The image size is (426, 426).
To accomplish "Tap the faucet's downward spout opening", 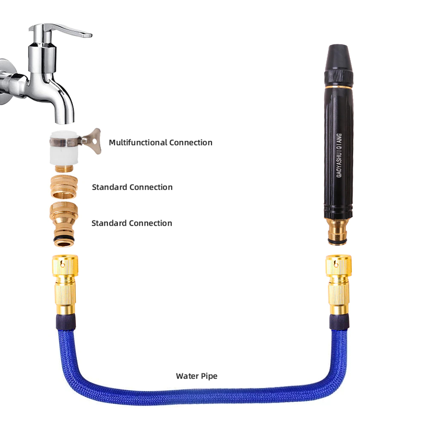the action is click(x=64, y=122).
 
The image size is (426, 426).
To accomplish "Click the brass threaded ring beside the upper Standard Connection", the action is click(x=64, y=187).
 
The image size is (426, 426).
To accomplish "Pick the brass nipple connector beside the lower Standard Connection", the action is click(x=64, y=225).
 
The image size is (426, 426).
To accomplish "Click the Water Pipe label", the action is click(x=197, y=376).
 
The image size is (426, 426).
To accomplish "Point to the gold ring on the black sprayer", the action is click(x=339, y=86).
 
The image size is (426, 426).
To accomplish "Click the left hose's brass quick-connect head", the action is click(x=65, y=284).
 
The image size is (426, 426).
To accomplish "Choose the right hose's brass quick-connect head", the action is click(x=339, y=284).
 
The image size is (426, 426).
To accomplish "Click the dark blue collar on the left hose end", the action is click(x=66, y=322).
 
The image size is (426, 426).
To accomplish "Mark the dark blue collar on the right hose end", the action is click(x=340, y=322).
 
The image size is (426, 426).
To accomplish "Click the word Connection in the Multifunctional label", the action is click(x=191, y=142).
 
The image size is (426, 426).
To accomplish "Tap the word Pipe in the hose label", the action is click(x=209, y=376).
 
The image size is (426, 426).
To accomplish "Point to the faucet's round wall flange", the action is click(x=6, y=81).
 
